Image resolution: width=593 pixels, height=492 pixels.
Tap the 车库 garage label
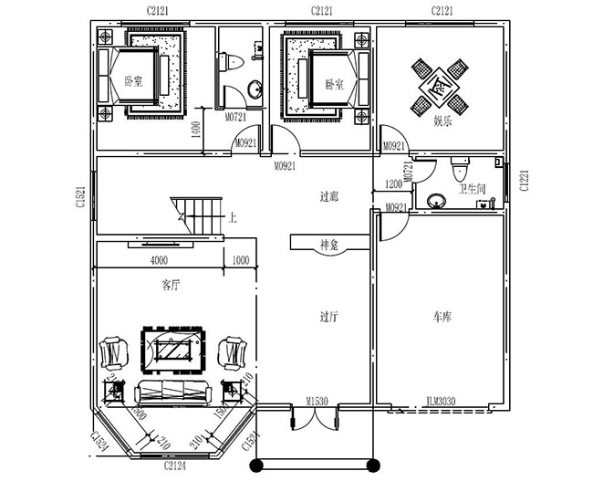coord(442,317)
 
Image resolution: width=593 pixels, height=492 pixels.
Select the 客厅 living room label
coord(171,285)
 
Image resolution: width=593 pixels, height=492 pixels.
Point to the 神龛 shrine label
coord(329,244)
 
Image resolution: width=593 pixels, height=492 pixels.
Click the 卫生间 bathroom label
coord(472,189)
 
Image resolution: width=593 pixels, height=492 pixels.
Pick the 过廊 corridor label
coord(329,196)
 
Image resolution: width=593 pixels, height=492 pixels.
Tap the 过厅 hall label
coord(329,317)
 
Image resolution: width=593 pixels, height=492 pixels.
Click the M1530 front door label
coord(317,401)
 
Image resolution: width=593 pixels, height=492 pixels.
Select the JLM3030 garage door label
coord(441,401)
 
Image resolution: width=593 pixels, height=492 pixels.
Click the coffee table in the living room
coord(172,348)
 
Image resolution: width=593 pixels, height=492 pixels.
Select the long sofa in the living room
coord(172,393)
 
